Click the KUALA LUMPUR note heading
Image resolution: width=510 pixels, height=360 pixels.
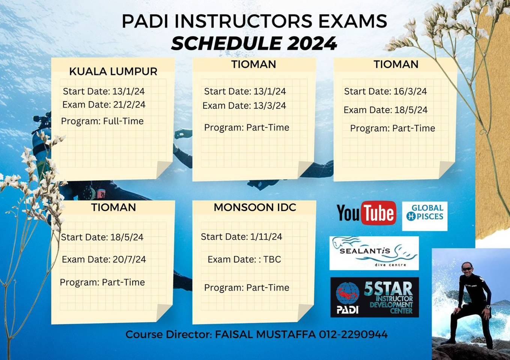click(x=113, y=72)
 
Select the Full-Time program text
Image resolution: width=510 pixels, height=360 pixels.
click(x=123, y=121)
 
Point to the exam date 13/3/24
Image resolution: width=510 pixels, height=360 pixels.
click(x=269, y=106)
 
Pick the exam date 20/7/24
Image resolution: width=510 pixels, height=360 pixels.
click(x=129, y=259)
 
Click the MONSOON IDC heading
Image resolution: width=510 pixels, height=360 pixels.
click(x=255, y=207)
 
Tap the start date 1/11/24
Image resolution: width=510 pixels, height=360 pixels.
click(x=266, y=237)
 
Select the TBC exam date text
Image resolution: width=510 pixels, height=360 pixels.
click(x=272, y=259)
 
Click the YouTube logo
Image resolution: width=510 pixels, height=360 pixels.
click(x=366, y=213)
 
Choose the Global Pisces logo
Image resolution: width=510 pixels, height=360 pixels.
click(x=424, y=216)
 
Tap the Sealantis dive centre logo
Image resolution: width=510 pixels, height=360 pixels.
click(x=374, y=253)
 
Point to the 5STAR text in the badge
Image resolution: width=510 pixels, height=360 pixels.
click(x=388, y=288)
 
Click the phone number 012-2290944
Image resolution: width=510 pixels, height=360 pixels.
click(x=353, y=334)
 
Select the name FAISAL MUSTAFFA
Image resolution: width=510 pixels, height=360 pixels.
click(x=265, y=334)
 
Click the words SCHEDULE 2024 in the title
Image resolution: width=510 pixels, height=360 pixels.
click(x=254, y=43)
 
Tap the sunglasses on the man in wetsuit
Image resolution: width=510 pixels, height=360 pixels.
click(x=467, y=269)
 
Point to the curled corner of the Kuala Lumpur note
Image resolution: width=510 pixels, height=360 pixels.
click(x=164, y=169)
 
